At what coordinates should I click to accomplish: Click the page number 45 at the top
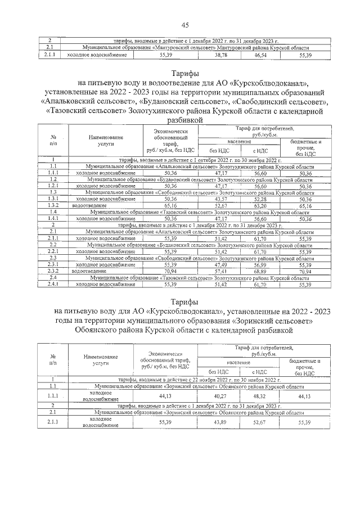pos(184,25)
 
